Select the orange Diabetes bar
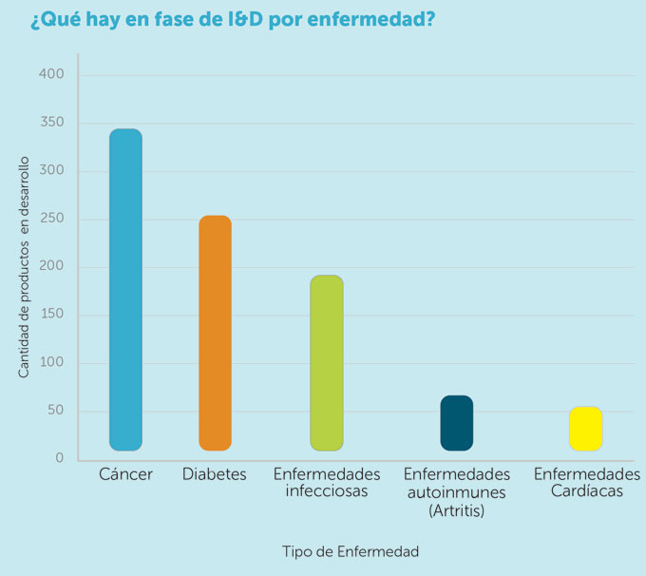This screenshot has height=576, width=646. pos(215,333)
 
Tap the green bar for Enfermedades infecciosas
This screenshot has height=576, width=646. pos(326,362)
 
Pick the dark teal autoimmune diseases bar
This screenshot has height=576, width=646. pos(456,423)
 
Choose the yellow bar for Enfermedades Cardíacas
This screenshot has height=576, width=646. pos(585,428)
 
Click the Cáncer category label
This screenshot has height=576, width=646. pos(125,473)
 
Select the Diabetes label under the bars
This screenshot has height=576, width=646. pos(215,473)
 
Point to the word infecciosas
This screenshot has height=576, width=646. pos(326,491)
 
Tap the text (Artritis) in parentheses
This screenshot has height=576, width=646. pos(456,510)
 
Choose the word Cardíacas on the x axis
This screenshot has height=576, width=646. pos(586,491)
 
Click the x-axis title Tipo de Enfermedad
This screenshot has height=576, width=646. pos(351,551)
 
